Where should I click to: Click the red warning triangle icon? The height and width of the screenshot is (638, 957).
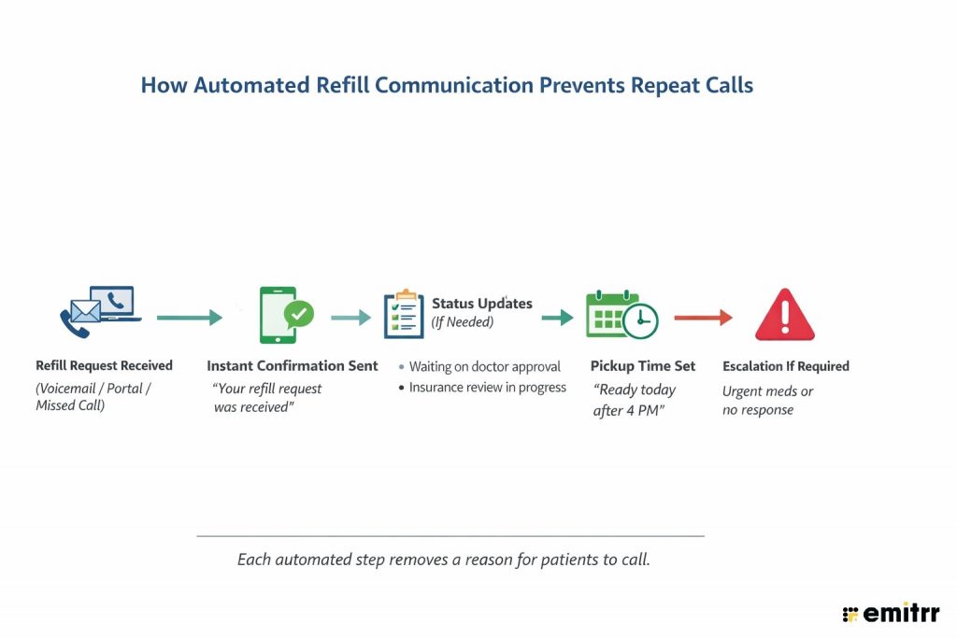tap(784, 316)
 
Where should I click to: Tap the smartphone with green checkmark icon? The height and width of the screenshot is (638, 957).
tap(284, 316)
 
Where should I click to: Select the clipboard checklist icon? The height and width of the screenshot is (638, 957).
tap(404, 316)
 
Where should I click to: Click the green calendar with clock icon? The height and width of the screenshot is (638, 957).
tap(621, 316)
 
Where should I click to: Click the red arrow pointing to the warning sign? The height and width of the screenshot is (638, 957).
tap(703, 319)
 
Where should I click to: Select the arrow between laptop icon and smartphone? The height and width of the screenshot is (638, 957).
tap(190, 319)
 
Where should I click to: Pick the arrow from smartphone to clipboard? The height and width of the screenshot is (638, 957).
tap(350, 319)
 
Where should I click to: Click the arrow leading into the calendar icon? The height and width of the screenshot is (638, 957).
tap(557, 319)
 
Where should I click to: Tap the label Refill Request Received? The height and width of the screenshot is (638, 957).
tap(104, 365)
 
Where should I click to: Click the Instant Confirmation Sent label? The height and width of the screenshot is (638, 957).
tap(292, 365)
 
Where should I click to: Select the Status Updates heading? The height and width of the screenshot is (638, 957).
tap(481, 304)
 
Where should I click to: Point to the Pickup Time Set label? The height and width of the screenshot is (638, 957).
tap(643, 366)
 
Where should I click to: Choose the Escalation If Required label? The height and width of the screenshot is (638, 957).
tap(785, 366)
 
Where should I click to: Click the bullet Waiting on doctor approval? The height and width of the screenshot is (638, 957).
tap(484, 366)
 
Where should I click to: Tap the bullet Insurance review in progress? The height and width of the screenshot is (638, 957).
tap(487, 387)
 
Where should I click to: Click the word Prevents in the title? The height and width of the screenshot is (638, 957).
tap(582, 85)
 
